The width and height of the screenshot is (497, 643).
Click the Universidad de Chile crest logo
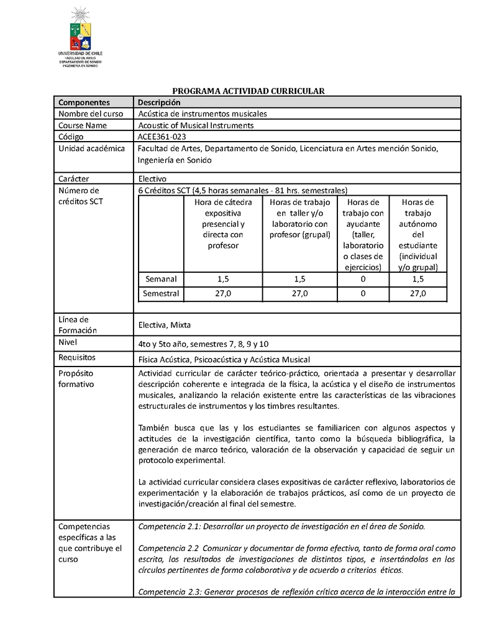80,31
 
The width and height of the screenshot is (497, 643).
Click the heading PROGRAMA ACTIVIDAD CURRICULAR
248,91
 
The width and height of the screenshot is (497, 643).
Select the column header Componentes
84,102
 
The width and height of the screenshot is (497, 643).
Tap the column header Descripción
159,102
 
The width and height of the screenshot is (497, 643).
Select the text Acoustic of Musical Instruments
196,125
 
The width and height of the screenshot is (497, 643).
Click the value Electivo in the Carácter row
152,178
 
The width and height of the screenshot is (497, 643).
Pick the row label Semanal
161,279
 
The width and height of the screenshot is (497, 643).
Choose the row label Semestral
161,293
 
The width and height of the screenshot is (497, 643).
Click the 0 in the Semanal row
363,279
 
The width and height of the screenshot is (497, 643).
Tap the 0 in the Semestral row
363,293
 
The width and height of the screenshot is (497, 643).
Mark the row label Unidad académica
91,148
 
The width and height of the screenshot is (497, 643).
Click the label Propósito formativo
75,378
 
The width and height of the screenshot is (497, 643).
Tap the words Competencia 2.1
167,526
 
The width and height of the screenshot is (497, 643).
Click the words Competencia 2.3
167,591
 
